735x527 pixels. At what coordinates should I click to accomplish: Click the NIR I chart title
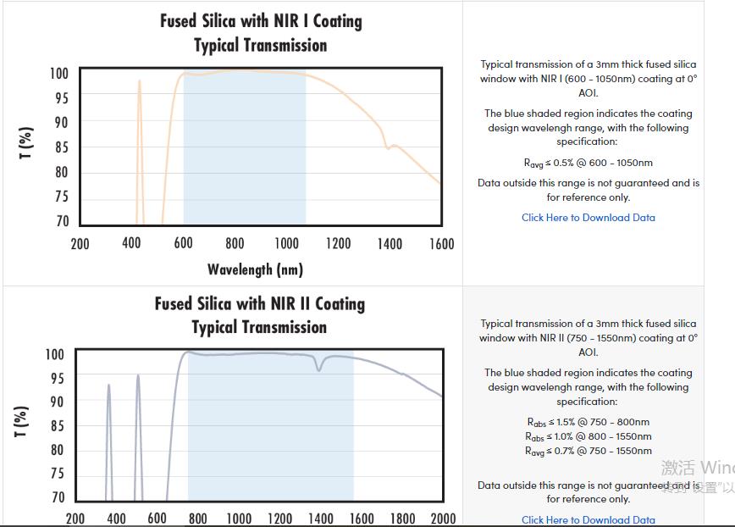tap(261, 33)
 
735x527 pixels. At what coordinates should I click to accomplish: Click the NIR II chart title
tap(259, 315)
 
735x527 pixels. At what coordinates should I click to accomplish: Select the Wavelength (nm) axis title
tap(255, 269)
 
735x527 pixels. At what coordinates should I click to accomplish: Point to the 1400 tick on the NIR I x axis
tap(390, 244)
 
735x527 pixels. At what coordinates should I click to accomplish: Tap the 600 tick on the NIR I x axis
tap(183, 244)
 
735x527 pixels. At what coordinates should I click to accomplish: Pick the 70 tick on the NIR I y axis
tap(62, 221)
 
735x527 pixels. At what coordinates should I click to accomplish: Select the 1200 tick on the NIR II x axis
tap(279, 519)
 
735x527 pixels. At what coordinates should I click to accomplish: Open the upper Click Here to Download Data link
tap(588, 218)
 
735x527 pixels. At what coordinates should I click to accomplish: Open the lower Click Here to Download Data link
tap(588, 520)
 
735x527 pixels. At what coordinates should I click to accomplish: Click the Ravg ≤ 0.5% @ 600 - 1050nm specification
tap(588, 163)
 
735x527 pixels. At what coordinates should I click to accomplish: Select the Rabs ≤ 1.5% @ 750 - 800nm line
tap(588, 422)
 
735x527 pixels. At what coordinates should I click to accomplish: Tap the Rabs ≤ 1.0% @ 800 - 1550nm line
tap(588, 436)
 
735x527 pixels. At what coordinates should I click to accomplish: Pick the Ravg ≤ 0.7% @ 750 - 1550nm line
tap(588, 451)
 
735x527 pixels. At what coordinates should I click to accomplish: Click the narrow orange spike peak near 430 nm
tap(140, 81)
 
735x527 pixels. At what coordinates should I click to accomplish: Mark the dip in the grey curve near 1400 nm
tap(319, 369)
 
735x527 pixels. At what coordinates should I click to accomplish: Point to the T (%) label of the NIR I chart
tap(26, 143)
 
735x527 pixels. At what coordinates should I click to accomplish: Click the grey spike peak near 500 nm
tap(138, 375)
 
